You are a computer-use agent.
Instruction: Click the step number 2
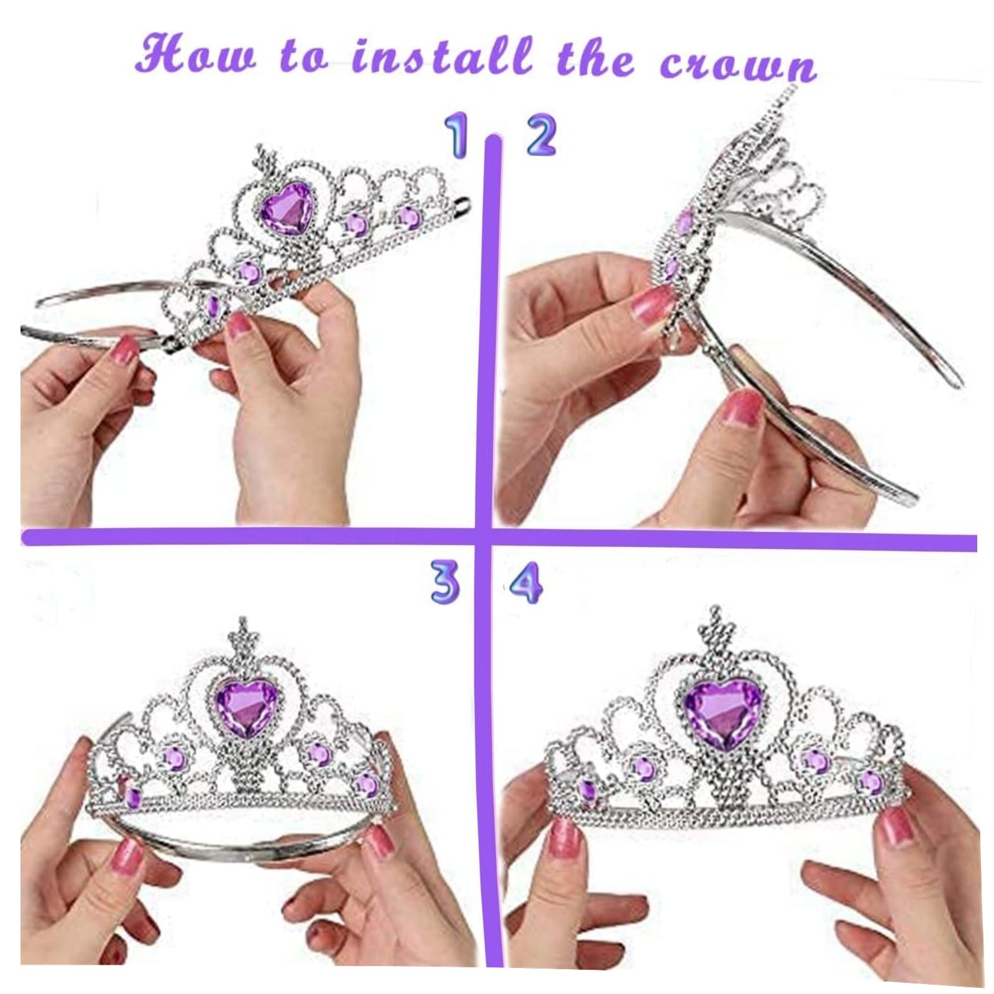(540, 136)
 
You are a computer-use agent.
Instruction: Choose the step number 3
(446, 583)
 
